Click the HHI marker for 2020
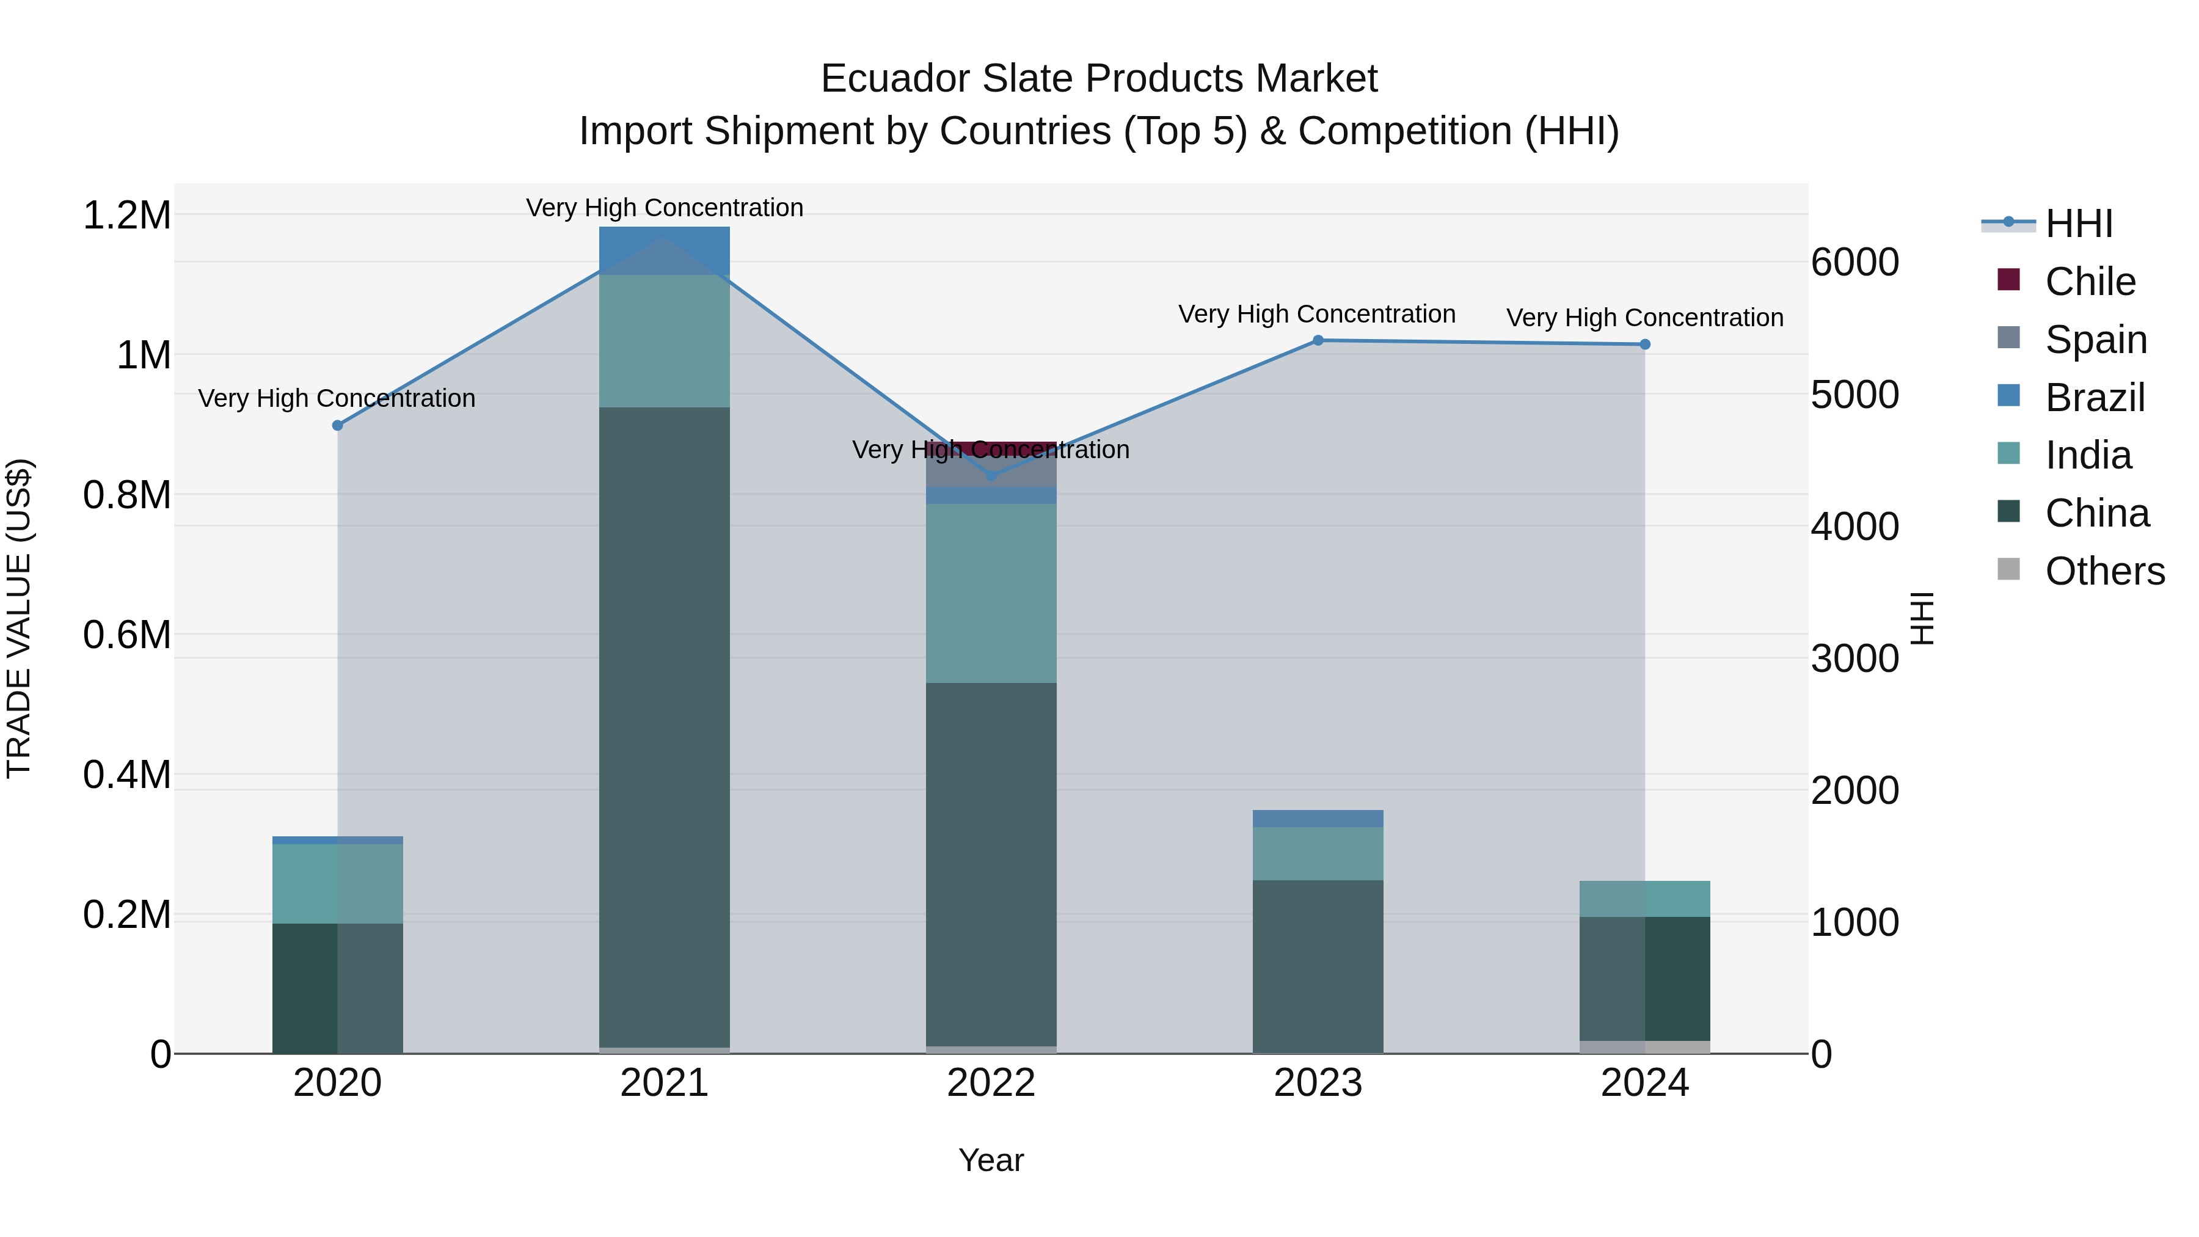(337, 425)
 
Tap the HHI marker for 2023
(1317, 341)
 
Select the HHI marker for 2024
(1645, 345)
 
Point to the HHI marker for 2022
(991, 475)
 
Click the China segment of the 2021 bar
(664, 726)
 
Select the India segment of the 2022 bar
(991, 593)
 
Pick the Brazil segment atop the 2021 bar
(664, 250)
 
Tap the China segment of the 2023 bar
(1317, 965)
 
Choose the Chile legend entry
(2089, 282)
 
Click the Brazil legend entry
(2094, 398)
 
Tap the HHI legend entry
(2078, 224)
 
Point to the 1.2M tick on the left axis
(126, 215)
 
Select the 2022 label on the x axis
(991, 1083)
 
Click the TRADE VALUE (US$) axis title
(19, 618)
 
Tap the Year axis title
(991, 1160)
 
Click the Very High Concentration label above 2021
(664, 208)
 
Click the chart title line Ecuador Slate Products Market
(1099, 79)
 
